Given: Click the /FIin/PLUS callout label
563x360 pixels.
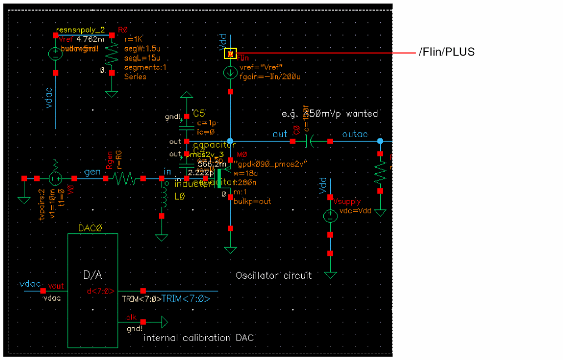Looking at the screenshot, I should click(x=447, y=52).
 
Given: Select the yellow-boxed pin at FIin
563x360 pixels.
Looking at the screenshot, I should click(x=230, y=53).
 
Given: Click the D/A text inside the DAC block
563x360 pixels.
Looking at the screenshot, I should click(x=92, y=275).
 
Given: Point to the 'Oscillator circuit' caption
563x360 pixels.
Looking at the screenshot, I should click(x=273, y=276).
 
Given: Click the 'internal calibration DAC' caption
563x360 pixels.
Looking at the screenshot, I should click(x=199, y=338).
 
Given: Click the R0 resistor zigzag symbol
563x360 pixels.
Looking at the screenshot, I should click(x=111, y=54).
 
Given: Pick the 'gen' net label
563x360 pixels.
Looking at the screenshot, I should click(x=92, y=173).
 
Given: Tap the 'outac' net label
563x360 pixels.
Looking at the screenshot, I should click(x=355, y=134).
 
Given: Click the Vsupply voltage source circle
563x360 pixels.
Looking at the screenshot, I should click(x=330, y=215).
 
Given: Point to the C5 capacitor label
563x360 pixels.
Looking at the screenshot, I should click(x=199, y=113).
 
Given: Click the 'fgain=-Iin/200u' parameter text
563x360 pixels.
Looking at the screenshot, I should click(x=270, y=77).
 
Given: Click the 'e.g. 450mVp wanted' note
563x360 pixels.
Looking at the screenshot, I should click(x=330, y=114).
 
